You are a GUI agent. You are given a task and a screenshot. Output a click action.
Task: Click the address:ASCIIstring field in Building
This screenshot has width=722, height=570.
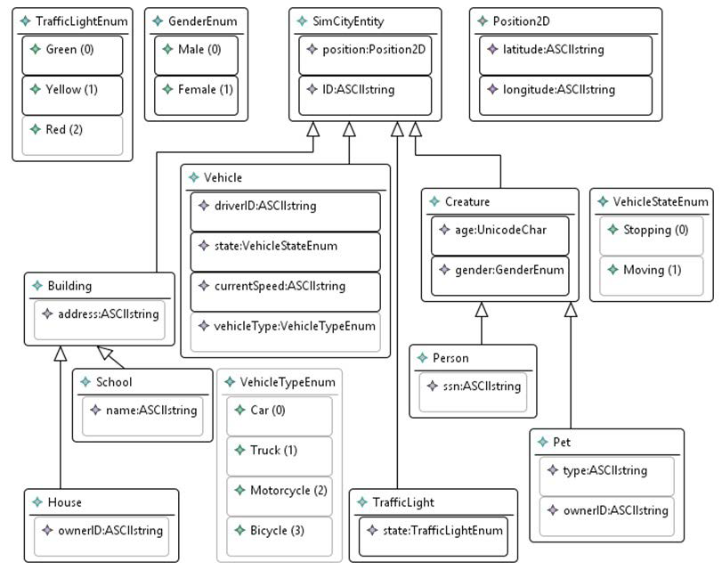[x=99, y=313]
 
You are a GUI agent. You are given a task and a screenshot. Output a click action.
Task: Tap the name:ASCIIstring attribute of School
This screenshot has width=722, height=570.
[x=143, y=411]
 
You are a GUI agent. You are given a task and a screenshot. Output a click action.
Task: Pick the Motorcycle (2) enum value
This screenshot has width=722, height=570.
[x=280, y=490]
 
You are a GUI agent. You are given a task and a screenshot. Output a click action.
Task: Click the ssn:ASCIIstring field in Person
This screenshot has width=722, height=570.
[x=473, y=386]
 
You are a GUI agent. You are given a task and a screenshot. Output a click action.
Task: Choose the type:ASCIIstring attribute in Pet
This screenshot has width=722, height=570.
[x=606, y=470]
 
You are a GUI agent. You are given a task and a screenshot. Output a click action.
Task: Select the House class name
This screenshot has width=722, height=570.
[x=65, y=502]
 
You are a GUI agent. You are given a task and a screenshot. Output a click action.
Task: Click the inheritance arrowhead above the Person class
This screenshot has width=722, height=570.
[x=482, y=310]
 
